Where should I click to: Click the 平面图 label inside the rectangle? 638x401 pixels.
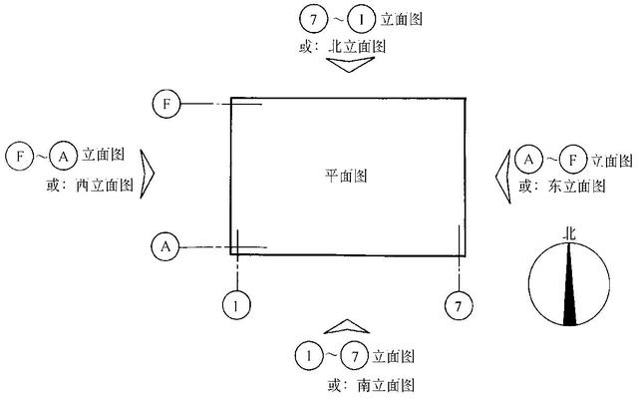[346, 176]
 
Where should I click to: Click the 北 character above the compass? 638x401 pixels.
[569, 234]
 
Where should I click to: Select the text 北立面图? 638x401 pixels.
[357, 47]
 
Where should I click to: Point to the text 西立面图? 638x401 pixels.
[105, 186]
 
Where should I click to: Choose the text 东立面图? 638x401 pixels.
[577, 187]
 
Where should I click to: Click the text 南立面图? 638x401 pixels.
[386, 385]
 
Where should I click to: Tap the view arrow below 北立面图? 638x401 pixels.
[350, 64]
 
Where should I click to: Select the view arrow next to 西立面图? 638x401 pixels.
[147, 174]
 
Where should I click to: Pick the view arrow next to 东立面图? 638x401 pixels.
[503, 176]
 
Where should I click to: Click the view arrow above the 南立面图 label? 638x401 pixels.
[347, 326]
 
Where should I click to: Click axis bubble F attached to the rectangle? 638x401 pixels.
[166, 104]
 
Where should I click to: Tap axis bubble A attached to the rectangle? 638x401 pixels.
[165, 246]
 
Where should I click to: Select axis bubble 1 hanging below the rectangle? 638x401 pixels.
[236, 305]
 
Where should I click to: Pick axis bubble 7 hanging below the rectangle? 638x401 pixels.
[459, 305]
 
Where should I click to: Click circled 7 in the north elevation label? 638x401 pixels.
[313, 19]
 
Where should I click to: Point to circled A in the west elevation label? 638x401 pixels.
[64, 156]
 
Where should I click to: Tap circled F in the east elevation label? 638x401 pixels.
[572, 160]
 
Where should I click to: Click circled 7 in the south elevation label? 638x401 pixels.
[355, 357]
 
